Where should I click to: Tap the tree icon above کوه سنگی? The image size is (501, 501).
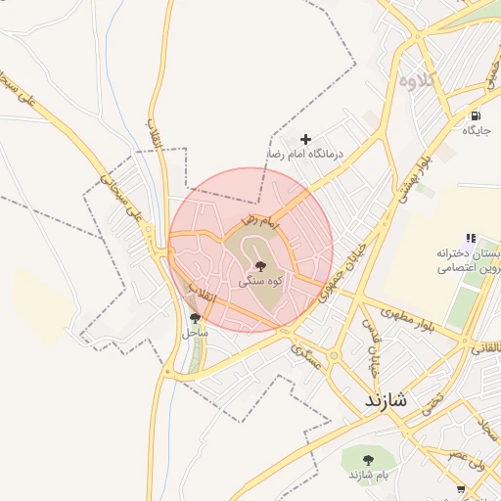(x=259, y=266)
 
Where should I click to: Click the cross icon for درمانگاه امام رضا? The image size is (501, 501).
(x=306, y=140)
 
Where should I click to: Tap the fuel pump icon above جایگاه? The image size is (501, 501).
(x=476, y=115)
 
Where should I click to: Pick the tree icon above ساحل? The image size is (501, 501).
(x=195, y=317)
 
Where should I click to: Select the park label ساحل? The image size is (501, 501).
(x=195, y=332)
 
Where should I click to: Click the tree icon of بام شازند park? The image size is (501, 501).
(x=368, y=459)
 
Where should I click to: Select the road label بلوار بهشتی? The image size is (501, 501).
(x=410, y=175)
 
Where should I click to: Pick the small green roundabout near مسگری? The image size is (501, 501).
(x=295, y=342)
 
